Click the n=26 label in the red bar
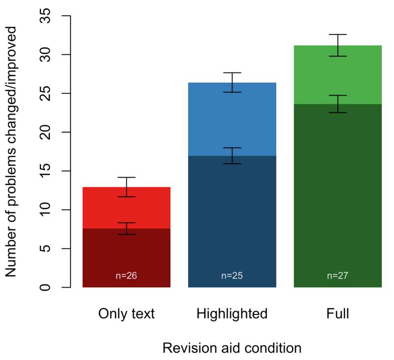[x=126, y=276]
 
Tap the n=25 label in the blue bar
[x=232, y=276]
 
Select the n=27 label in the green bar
[x=338, y=276]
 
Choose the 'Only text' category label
[x=126, y=314]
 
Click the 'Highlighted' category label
[x=232, y=314]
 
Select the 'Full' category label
[x=338, y=314]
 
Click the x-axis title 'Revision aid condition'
[x=232, y=348]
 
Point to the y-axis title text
[x=12, y=151]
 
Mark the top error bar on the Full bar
[x=338, y=45]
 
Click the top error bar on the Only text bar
[x=126, y=187]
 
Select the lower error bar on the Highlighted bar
[x=232, y=156]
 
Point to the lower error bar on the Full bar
[x=338, y=104]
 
